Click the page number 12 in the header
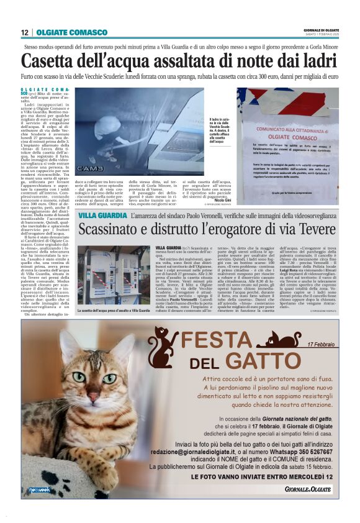[x=24, y=32]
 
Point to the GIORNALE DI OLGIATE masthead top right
[x=322, y=29]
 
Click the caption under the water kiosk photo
[x=114, y=309]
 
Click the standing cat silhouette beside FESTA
[x=162, y=348]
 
